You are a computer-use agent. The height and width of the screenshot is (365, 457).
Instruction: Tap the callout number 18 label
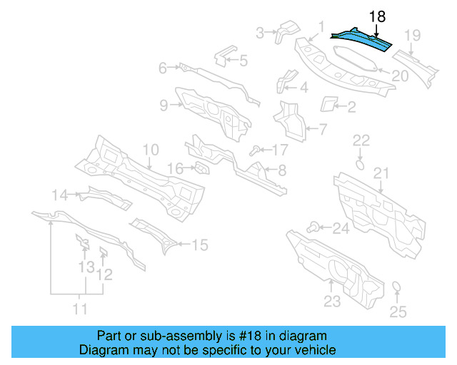[x=378, y=16]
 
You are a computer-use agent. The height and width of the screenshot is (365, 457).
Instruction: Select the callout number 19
[x=413, y=36]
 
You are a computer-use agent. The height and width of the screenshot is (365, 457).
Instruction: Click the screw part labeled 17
[x=254, y=150]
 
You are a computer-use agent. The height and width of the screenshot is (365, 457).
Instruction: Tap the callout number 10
[x=150, y=150]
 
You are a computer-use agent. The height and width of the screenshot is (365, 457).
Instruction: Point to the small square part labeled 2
[x=328, y=104]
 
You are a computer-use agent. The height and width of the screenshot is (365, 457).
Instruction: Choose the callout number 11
[x=80, y=309]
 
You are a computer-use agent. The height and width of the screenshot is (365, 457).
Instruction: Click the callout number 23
[x=332, y=301]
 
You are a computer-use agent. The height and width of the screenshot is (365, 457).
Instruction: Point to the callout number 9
[x=164, y=106]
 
